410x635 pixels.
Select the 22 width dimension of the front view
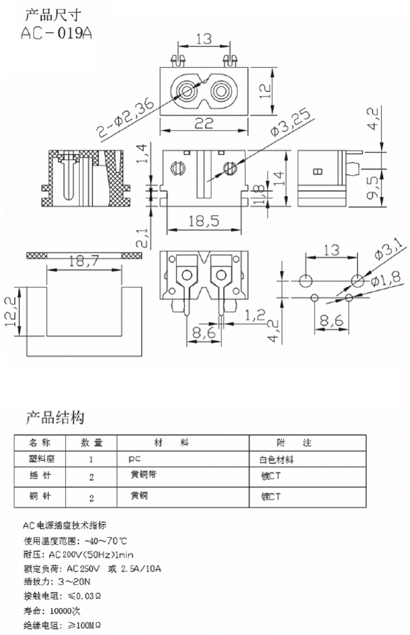[x=203, y=124]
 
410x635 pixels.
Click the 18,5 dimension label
[x=203, y=221]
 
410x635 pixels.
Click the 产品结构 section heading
[x=55, y=418]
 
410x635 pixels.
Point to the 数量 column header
[x=91, y=442]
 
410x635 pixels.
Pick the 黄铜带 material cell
[x=144, y=475]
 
